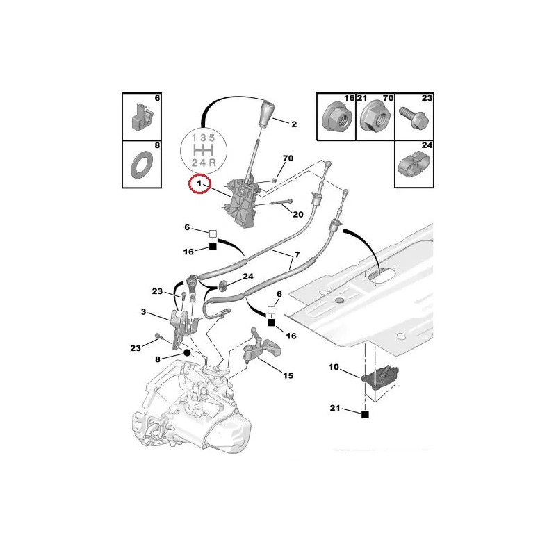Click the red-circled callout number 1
click(x=199, y=183)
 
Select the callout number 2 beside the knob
click(x=294, y=124)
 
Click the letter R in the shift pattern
click(x=212, y=163)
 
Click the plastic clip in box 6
click(x=142, y=116)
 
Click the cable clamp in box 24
click(x=414, y=164)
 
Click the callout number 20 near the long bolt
click(x=298, y=214)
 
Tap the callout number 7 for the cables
click(x=297, y=254)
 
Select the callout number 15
click(x=288, y=375)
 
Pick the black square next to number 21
click(x=365, y=414)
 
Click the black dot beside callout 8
click(x=187, y=353)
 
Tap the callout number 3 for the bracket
click(x=143, y=311)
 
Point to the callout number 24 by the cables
click(x=248, y=276)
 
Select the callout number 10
click(x=334, y=367)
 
